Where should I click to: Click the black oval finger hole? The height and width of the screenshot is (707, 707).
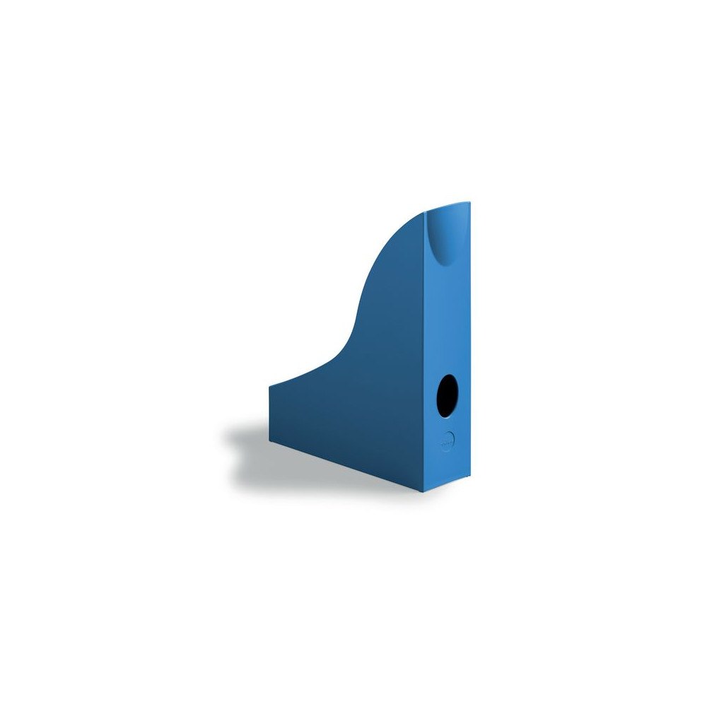coord(448,396)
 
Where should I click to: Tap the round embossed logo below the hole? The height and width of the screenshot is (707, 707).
coord(445,439)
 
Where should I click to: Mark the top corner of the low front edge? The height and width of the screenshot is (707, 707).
coord(269,386)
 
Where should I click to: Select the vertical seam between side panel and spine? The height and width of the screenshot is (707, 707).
coord(426,353)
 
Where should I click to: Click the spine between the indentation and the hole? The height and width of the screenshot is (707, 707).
coord(448,318)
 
